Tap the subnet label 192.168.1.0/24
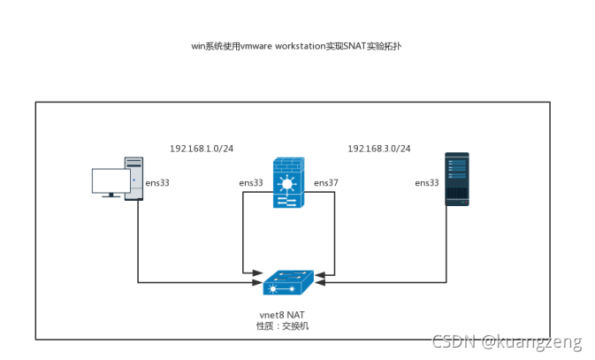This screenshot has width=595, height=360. coord(202,149)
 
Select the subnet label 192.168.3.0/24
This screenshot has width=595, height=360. coord(379,149)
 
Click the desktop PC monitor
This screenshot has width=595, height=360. coord(111,181)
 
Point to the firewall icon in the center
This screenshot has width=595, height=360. coord(287,183)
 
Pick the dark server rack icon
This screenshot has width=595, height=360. coord(456,179)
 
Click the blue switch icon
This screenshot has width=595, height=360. coord(287,282)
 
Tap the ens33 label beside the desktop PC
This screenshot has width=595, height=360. coord(157,183)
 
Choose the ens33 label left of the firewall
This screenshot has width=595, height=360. coord(251,183)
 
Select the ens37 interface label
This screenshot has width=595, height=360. coord(326,183)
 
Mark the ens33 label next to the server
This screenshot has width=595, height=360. coord(427,183)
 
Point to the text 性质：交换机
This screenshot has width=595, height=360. coord(283,326)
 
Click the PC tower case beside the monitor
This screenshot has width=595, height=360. coord(133,179)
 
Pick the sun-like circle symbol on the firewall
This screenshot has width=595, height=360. coord(287,185)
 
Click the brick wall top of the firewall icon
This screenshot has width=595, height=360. coord(287,165)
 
